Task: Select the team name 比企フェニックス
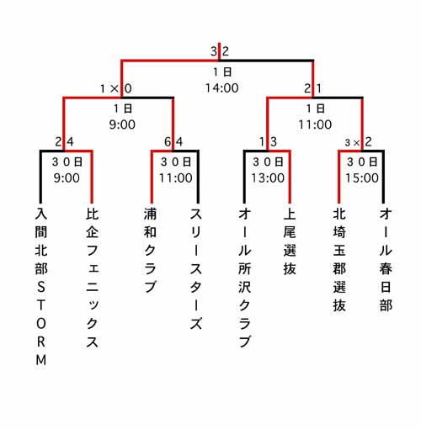point(93,278)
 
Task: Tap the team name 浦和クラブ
point(150,250)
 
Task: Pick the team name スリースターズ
point(196,268)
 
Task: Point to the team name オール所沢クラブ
point(244,278)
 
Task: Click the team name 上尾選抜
point(290,241)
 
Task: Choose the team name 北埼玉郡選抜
point(339,259)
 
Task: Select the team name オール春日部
point(386,259)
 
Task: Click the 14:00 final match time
point(222,88)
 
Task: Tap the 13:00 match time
point(268,177)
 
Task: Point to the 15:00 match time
point(362,177)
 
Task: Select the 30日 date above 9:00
point(67,162)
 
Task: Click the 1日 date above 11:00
point(316,109)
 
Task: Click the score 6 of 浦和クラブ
point(168,142)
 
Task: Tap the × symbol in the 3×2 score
point(356,143)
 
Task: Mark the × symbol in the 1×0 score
point(115,89)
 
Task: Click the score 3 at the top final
point(214,51)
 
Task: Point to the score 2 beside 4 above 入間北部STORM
point(58,142)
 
